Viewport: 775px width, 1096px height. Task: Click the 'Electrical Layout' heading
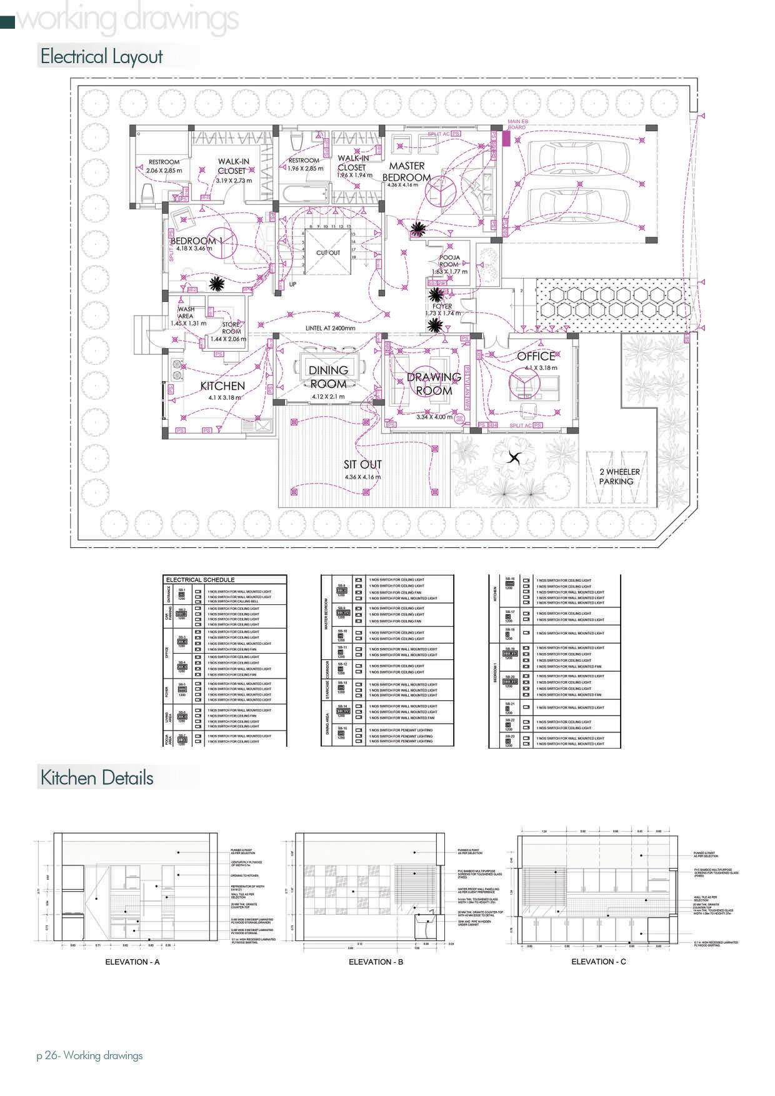(x=101, y=57)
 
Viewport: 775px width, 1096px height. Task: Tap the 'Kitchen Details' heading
(x=97, y=778)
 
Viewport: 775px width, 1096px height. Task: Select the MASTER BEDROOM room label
(x=407, y=171)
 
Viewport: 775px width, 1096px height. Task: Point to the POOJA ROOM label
(x=449, y=261)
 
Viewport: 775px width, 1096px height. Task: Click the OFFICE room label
(x=536, y=356)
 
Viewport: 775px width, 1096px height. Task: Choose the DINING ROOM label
(x=328, y=377)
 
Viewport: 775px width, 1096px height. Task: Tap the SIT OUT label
(x=362, y=464)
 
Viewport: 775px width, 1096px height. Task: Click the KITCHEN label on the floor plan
(x=222, y=386)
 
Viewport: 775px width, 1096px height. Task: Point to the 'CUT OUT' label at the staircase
(x=328, y=253)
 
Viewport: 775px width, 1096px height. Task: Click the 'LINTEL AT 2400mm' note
(x=330, y=328)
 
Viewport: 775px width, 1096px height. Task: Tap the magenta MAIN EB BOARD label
(x=516, y=124)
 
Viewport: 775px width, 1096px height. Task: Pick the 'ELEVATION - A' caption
(x=132, y=962)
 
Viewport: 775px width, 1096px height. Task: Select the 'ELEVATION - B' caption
(x=376, y=962)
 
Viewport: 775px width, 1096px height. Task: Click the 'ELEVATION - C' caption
(x=598, y=961)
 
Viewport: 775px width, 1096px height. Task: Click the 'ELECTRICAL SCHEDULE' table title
(x=200, y=580)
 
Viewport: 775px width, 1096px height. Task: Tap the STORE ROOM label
(x=231, y=328)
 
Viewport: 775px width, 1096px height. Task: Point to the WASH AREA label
(x=186, y=312)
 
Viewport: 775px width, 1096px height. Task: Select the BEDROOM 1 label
(x=196, y=241)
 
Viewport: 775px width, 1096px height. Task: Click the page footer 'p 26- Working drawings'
(x=89, y=1055)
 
